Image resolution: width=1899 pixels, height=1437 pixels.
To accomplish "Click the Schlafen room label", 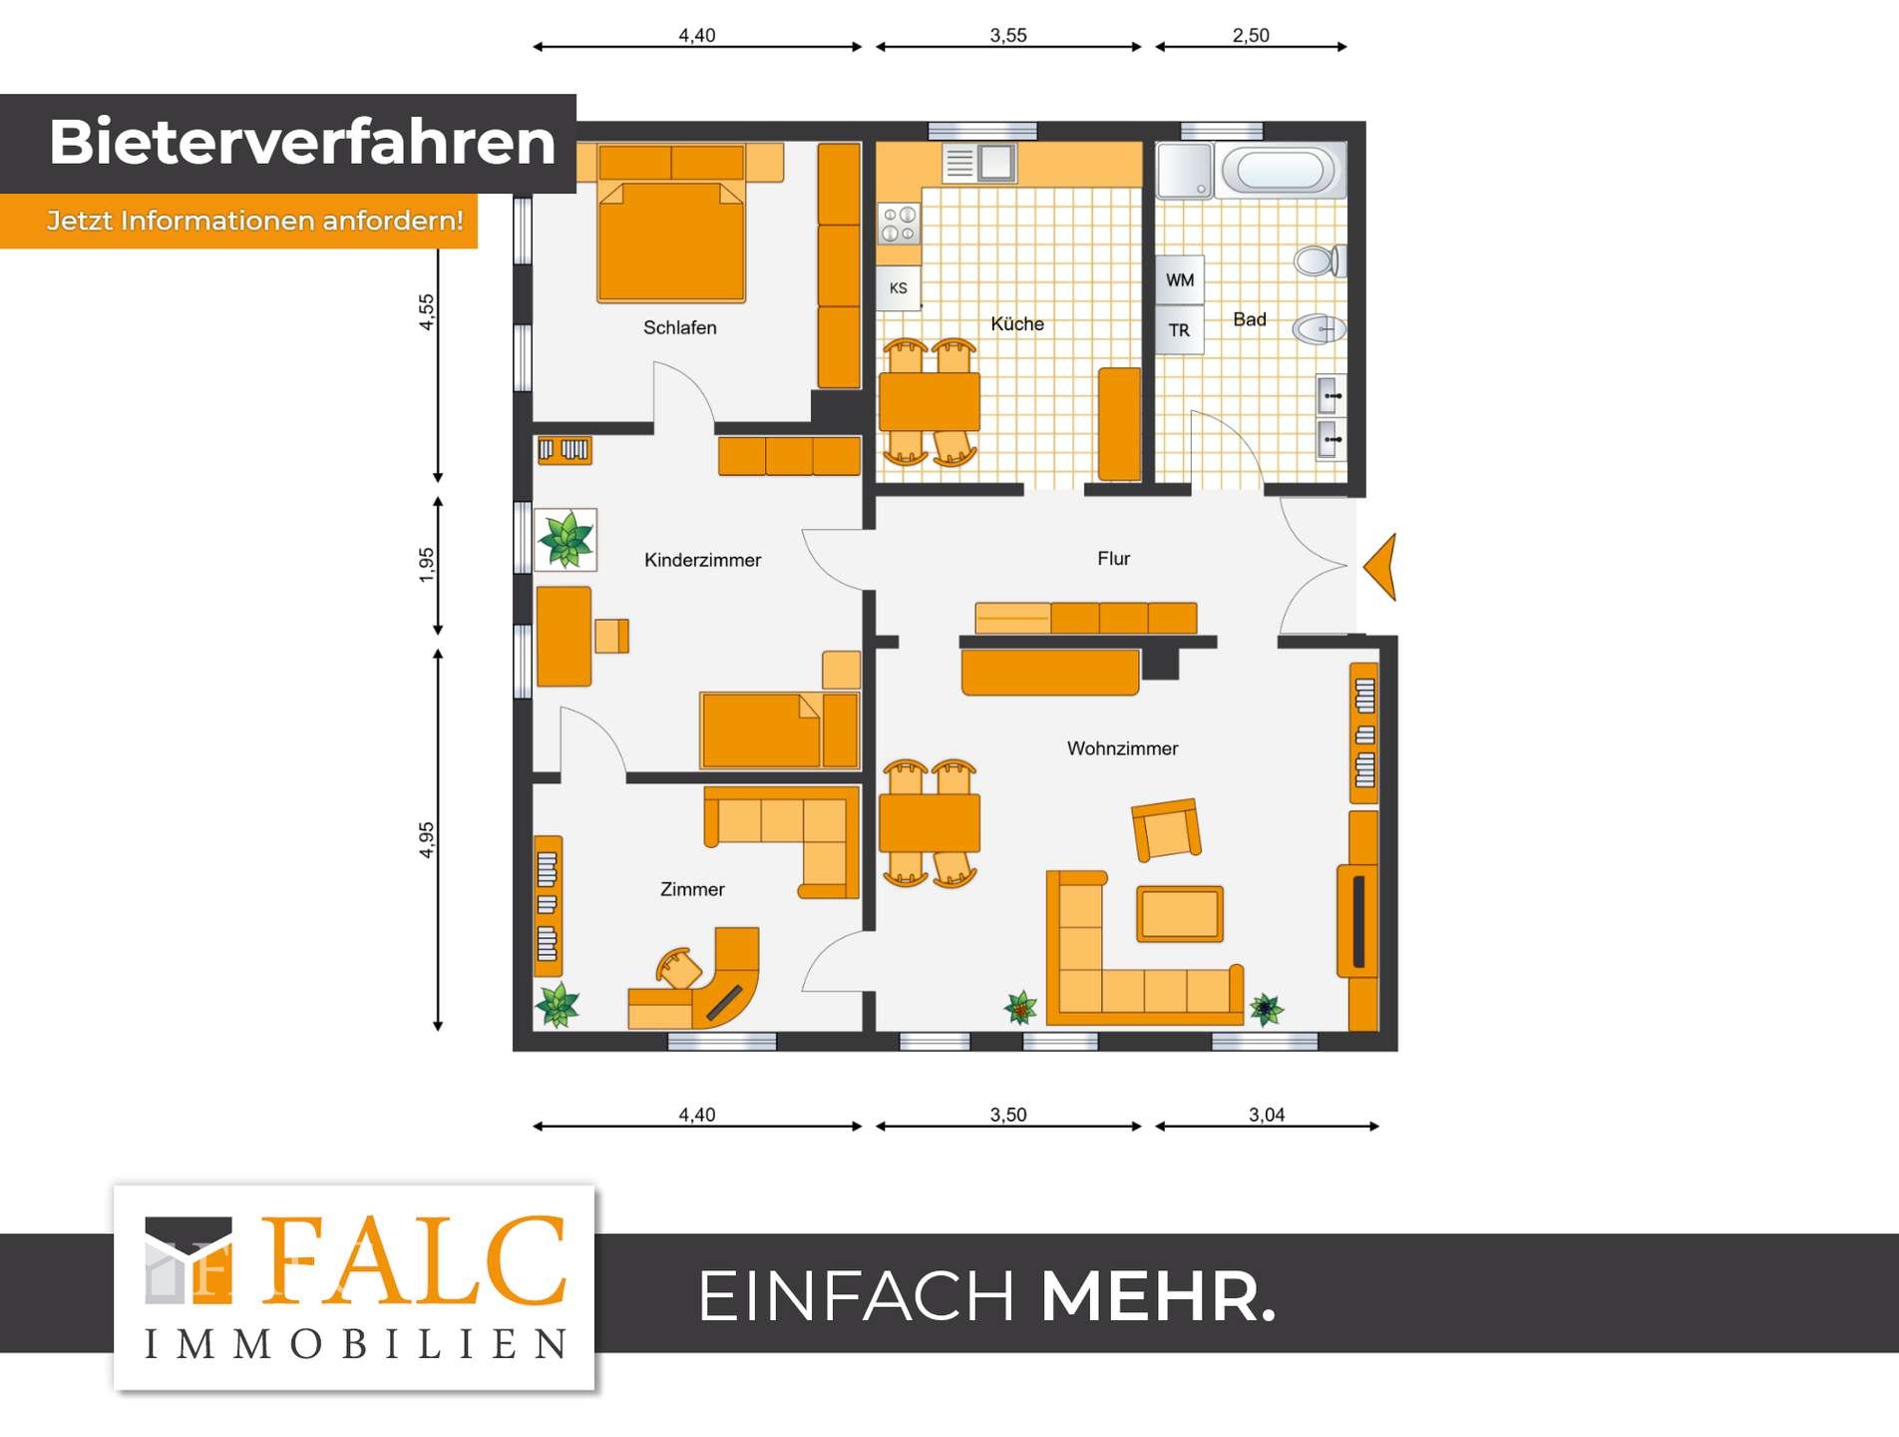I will coord(679,327).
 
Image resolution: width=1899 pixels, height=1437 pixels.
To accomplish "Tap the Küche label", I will coord(1016,324).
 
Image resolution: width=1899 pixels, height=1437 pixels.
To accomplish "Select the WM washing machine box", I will coord(1180,280).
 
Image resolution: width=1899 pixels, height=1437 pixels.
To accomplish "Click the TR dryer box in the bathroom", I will coord(1179,330).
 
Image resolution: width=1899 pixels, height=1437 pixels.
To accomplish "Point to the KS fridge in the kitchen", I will coord(898,288).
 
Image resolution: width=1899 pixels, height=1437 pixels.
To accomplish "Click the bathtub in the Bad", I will coord(1280,171).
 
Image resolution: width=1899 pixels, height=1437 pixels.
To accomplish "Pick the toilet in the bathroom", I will coord(1319,261).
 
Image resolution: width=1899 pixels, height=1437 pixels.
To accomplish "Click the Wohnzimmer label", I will coord(1122,748).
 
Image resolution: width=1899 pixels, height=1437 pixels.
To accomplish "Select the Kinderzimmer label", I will coord(702,561).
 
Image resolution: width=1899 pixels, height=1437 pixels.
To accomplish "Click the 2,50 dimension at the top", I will coord(1251,36).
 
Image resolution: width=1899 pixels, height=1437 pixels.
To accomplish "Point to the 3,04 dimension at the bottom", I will coord(1267,1115).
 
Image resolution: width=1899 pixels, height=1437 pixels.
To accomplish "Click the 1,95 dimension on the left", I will coord(427,565).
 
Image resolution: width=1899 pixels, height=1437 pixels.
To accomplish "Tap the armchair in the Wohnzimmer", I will coord(1166,829).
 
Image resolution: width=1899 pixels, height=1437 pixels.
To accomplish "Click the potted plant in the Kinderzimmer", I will coord(566,540).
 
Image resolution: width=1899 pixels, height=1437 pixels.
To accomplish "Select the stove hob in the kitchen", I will coord(899,225).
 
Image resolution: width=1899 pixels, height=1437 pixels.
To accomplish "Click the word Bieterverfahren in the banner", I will coord(301,142).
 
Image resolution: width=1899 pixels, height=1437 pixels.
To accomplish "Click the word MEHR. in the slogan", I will coord(1157,1297).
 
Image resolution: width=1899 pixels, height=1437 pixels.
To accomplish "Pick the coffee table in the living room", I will coord(1179,913).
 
